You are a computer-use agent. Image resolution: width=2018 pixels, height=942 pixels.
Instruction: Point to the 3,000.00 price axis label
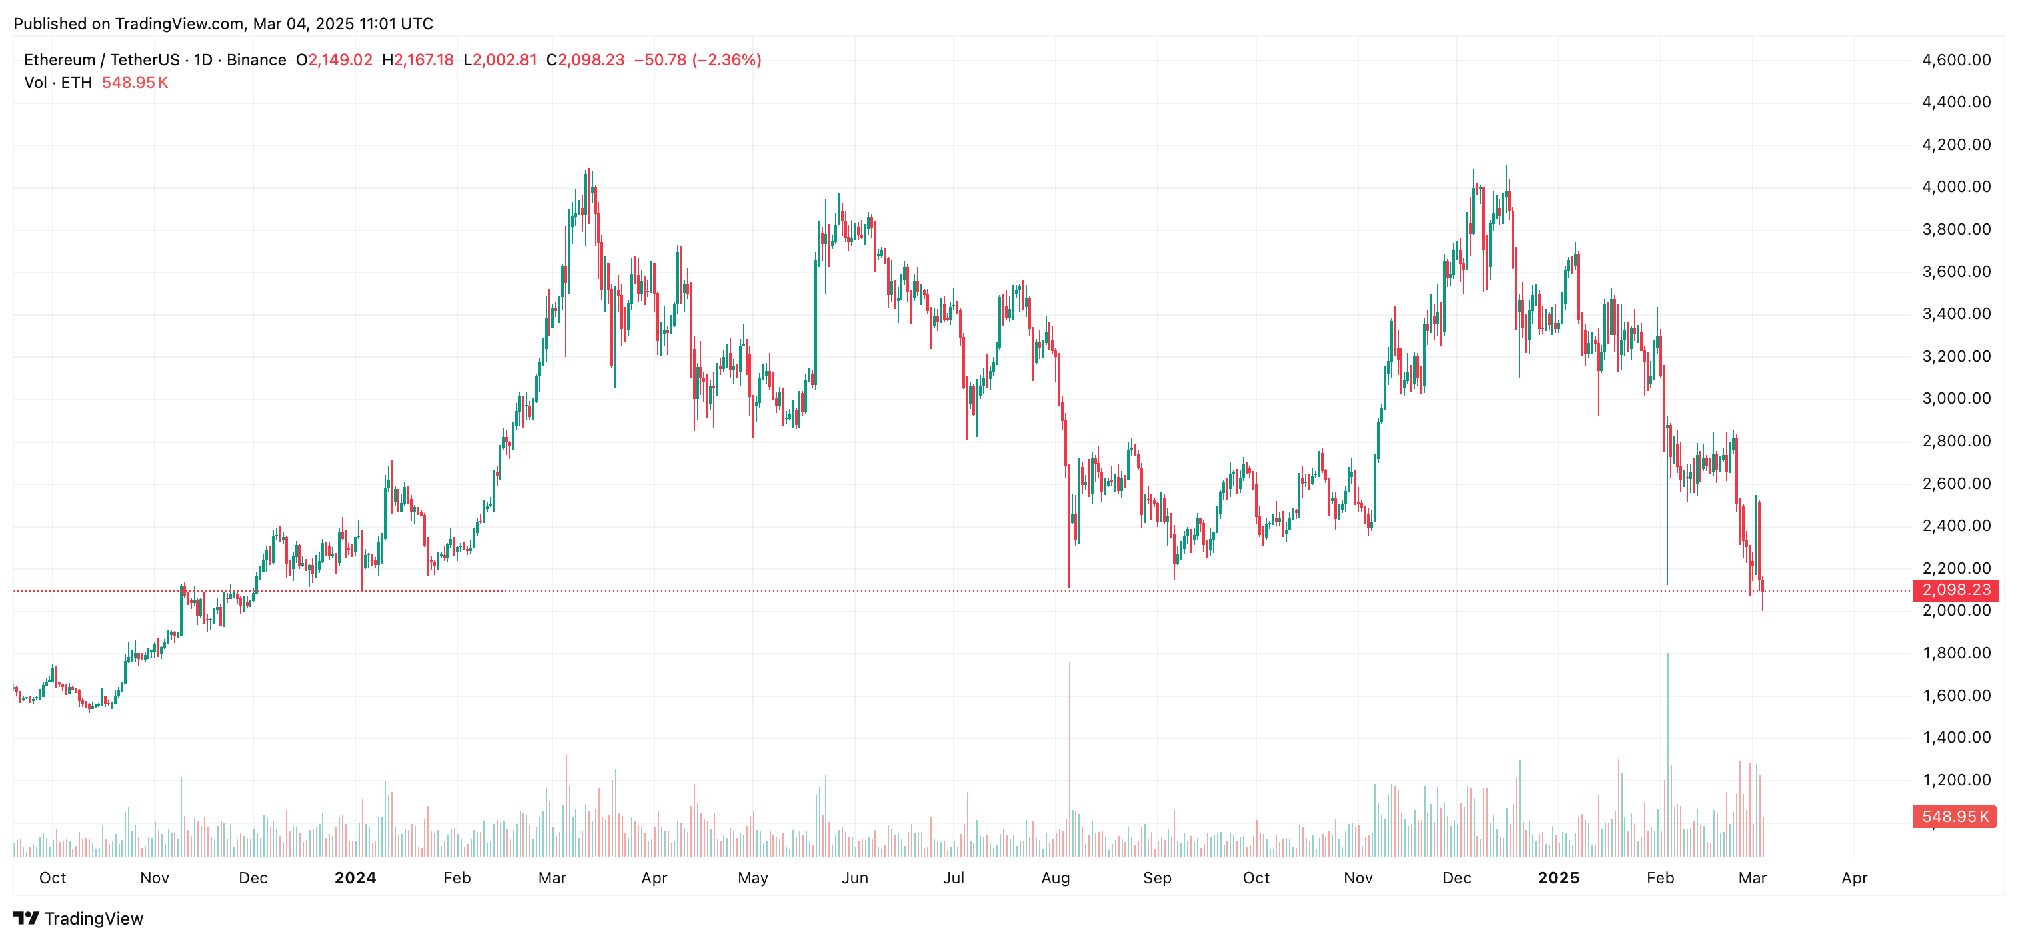coord(1955,398)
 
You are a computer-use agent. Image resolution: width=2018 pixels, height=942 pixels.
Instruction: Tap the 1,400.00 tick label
coord(1955,737)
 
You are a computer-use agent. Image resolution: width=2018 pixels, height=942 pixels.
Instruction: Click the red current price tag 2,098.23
coord(1955,590)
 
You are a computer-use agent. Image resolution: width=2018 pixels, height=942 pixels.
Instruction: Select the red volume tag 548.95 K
coord(1954,817)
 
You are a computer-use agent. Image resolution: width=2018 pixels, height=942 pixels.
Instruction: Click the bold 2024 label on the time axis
coord(355,878)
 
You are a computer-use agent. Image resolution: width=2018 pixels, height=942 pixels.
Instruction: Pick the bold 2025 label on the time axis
coord(1558,878)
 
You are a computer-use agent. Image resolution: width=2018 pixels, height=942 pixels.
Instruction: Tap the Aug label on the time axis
coord(1055,878)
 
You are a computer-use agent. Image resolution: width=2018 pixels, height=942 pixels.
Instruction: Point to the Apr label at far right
coord(1854,878)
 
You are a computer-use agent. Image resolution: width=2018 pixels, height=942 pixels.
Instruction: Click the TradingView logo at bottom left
coord(79,919)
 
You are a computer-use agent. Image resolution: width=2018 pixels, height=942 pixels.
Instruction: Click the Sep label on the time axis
coord(1157,878)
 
